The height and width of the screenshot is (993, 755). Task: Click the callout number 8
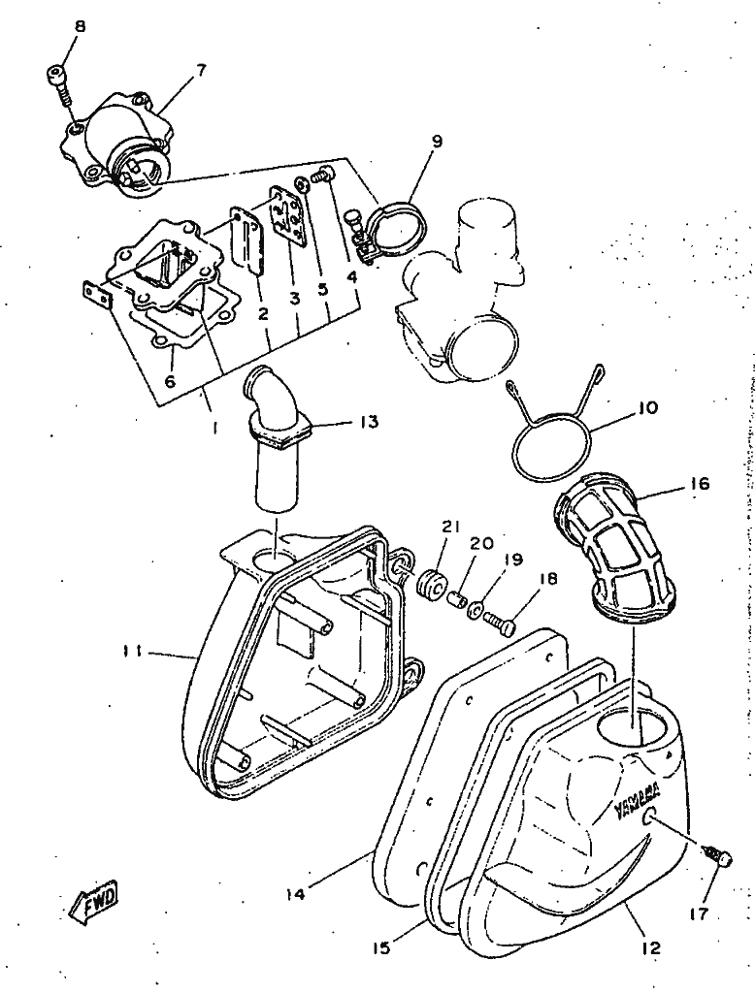80,27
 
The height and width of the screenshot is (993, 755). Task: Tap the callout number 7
200,70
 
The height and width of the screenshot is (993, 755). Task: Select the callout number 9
437,142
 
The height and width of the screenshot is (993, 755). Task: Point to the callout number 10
646,408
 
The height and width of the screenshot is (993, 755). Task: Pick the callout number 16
672,483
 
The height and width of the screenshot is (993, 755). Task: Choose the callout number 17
698,913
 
